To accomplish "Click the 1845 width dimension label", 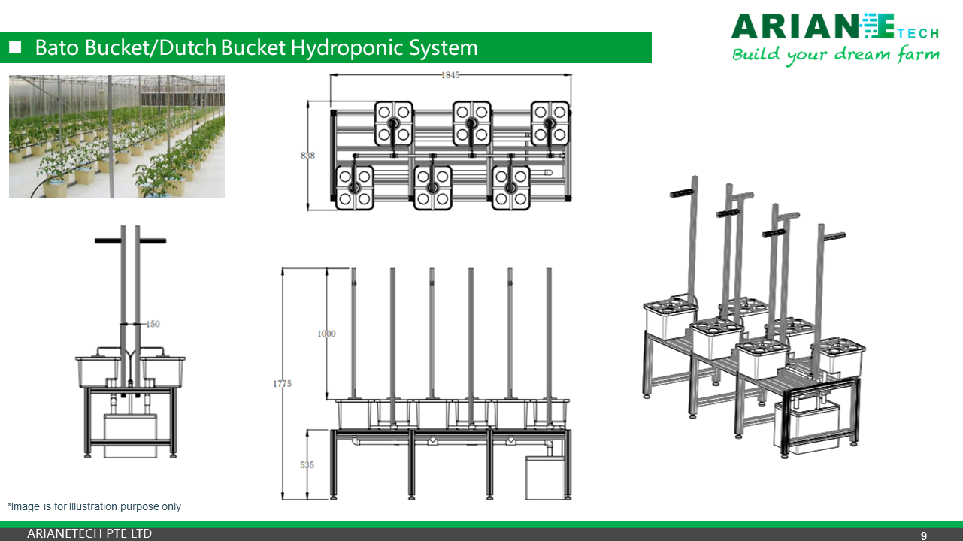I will coord(450,74).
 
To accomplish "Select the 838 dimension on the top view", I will coord(307,156).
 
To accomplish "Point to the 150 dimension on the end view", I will coord(153,324).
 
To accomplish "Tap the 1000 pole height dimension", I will coord(326,334).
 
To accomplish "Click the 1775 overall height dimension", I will coord(282,384).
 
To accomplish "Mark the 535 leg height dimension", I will coord(307,465).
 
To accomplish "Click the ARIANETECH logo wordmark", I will coord(834,27).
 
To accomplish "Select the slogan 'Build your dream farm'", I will coord(835,55).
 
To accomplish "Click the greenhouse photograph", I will coord(117,136).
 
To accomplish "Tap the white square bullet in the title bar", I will coord(15,48).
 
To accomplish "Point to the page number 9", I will coord(924,536).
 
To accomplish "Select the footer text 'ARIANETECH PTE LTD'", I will coord(89,534).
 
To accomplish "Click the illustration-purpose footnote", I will coord(94,506).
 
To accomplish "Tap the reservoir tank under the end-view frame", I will coord(130,436).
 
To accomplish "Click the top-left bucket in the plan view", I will coord(394,123).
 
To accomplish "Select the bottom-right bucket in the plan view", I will coord(511,187).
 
